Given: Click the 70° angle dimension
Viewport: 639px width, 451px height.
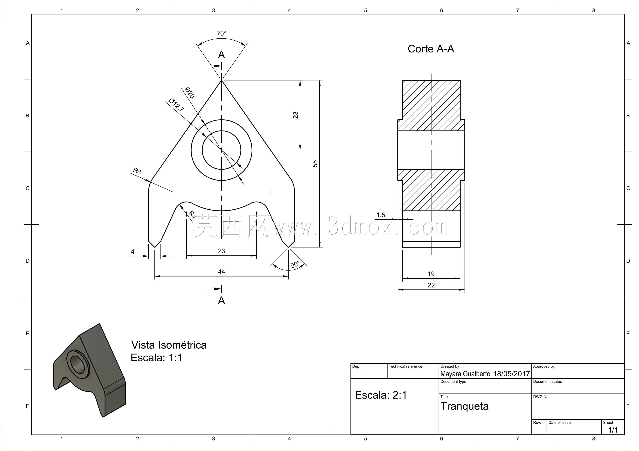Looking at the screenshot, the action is (221, 34).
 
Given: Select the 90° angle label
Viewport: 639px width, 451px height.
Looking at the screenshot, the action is (295, 264).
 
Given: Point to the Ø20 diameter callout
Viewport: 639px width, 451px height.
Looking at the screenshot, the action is (189, 93).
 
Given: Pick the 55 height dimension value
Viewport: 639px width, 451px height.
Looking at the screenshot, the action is (315, 163).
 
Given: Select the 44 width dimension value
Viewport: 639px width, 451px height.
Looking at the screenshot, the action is (221, 271).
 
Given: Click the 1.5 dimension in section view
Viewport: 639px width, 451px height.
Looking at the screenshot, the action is (381, 215).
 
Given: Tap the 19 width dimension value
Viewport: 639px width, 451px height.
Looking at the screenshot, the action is (431, 274).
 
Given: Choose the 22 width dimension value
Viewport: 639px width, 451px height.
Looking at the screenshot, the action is (431, 285).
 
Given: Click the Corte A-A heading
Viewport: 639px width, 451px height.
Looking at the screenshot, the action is (431, 49).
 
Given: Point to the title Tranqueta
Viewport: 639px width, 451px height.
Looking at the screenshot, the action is (464, 406).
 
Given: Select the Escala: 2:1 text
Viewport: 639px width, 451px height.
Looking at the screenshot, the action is (381, 395).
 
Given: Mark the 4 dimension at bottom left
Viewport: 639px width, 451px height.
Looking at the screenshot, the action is (132, 251).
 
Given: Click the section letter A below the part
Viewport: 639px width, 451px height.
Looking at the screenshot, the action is (221, 300).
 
